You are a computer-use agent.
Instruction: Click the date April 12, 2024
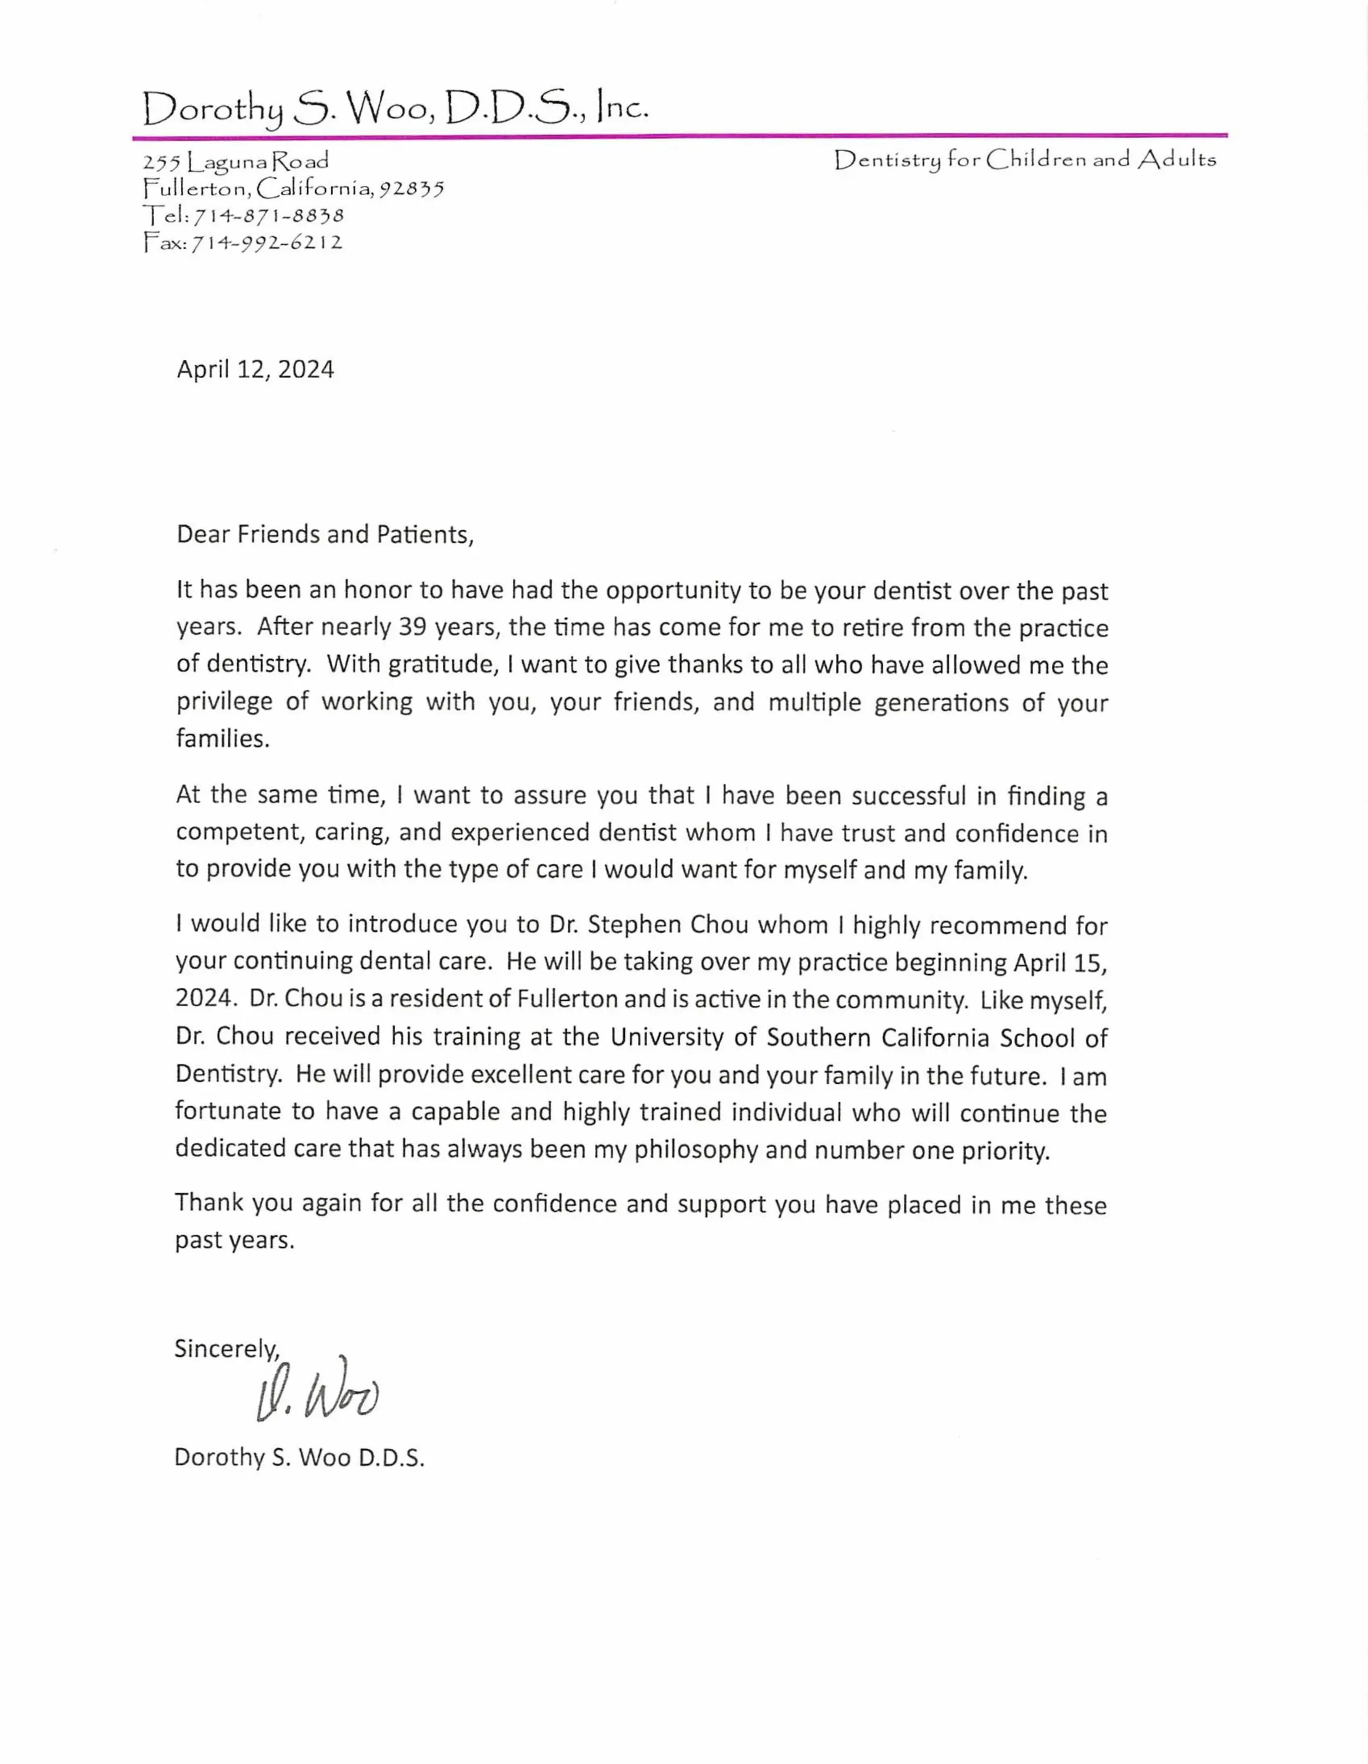pos(255,369)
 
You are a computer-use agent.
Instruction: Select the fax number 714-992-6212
pos(267,242)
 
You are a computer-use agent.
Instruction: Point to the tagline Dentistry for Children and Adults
pos(1024,160)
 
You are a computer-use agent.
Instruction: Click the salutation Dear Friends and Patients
pos(325,534)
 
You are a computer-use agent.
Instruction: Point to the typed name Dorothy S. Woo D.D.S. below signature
pos(299,1457)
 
